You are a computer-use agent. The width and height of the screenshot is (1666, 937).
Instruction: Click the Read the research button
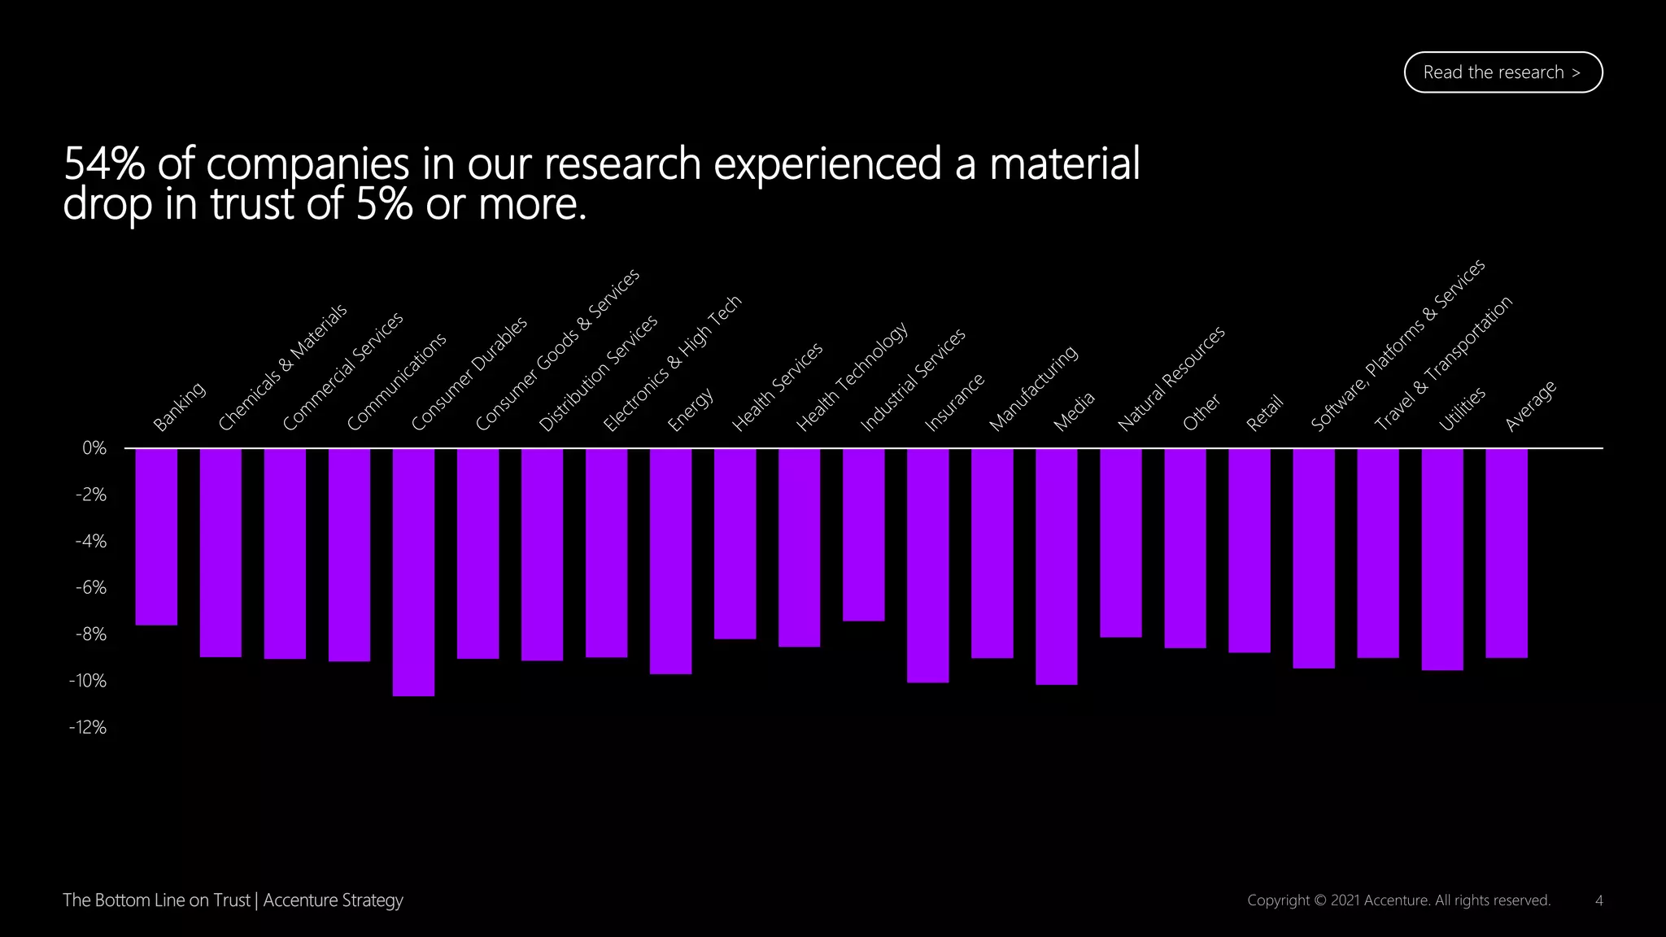click(1502, 72)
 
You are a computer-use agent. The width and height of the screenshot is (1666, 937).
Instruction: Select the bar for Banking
click(156, 537)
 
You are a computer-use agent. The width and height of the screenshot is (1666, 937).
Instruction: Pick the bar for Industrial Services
click(863, 534)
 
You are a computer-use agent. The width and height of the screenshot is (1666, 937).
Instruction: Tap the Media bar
click(1056, 566)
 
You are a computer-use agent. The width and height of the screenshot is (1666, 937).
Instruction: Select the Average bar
click(1506, 553)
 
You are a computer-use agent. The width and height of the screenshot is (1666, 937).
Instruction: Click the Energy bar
click(670, 561)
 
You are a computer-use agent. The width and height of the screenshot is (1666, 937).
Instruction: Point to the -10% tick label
click(88, 681)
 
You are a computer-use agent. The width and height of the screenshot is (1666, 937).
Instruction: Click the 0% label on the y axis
click(94, 448)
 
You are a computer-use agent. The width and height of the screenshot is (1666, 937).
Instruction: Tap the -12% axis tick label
click(88, 727)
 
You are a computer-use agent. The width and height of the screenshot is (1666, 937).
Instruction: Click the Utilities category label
click(1462, 408)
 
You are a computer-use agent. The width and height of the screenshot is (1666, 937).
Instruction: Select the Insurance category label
click(954, 402)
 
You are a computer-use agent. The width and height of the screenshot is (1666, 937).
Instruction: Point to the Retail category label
click(1264, 412)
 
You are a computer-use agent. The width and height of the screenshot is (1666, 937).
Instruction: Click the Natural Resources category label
click(1171, 378)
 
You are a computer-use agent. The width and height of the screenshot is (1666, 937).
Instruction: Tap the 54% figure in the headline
click(104, 163)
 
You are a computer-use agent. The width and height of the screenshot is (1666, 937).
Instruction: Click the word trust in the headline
click(253, 203)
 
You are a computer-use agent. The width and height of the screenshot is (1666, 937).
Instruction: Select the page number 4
click(1598, 900)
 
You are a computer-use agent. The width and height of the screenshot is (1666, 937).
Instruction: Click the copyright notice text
click(1398, 900)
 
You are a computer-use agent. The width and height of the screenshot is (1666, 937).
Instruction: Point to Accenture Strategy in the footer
click(333, 900)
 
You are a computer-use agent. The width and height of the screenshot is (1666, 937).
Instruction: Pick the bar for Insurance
click(927, 565)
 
